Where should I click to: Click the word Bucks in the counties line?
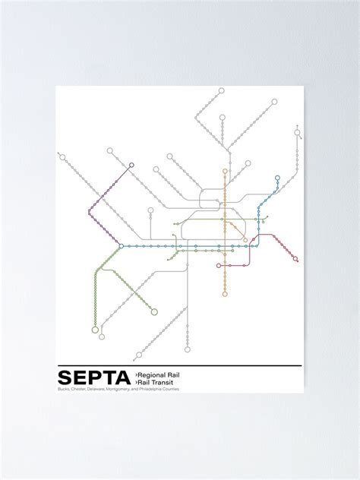pyautogui.click(x=61, y=390)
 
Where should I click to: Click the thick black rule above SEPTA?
pyautogui.click(x=179, y=368)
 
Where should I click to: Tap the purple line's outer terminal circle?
pyautogui.click(x=131, y=164)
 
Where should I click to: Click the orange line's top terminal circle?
pyautogui.click(x=225, y=172)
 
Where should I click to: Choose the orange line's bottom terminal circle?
pyautogui.click(x=225, y=294)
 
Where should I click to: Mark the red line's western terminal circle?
pyautogui.click(x=219, y=266)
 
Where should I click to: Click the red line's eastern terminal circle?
pyautogui.click(x=295, y=260)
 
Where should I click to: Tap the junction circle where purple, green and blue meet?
pyautogui.click(x=121, y=246)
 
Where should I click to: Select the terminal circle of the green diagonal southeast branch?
pyautogui.click(x=154, y=311)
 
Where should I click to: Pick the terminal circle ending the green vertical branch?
pyautogui.click(x=95, y=330)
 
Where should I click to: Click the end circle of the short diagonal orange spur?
pyautogui.click(x=245, y=240)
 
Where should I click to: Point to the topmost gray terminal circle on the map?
pyautogui.click(x=221, y=90)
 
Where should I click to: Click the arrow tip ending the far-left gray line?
pyautogui.click(x=60, y=156)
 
